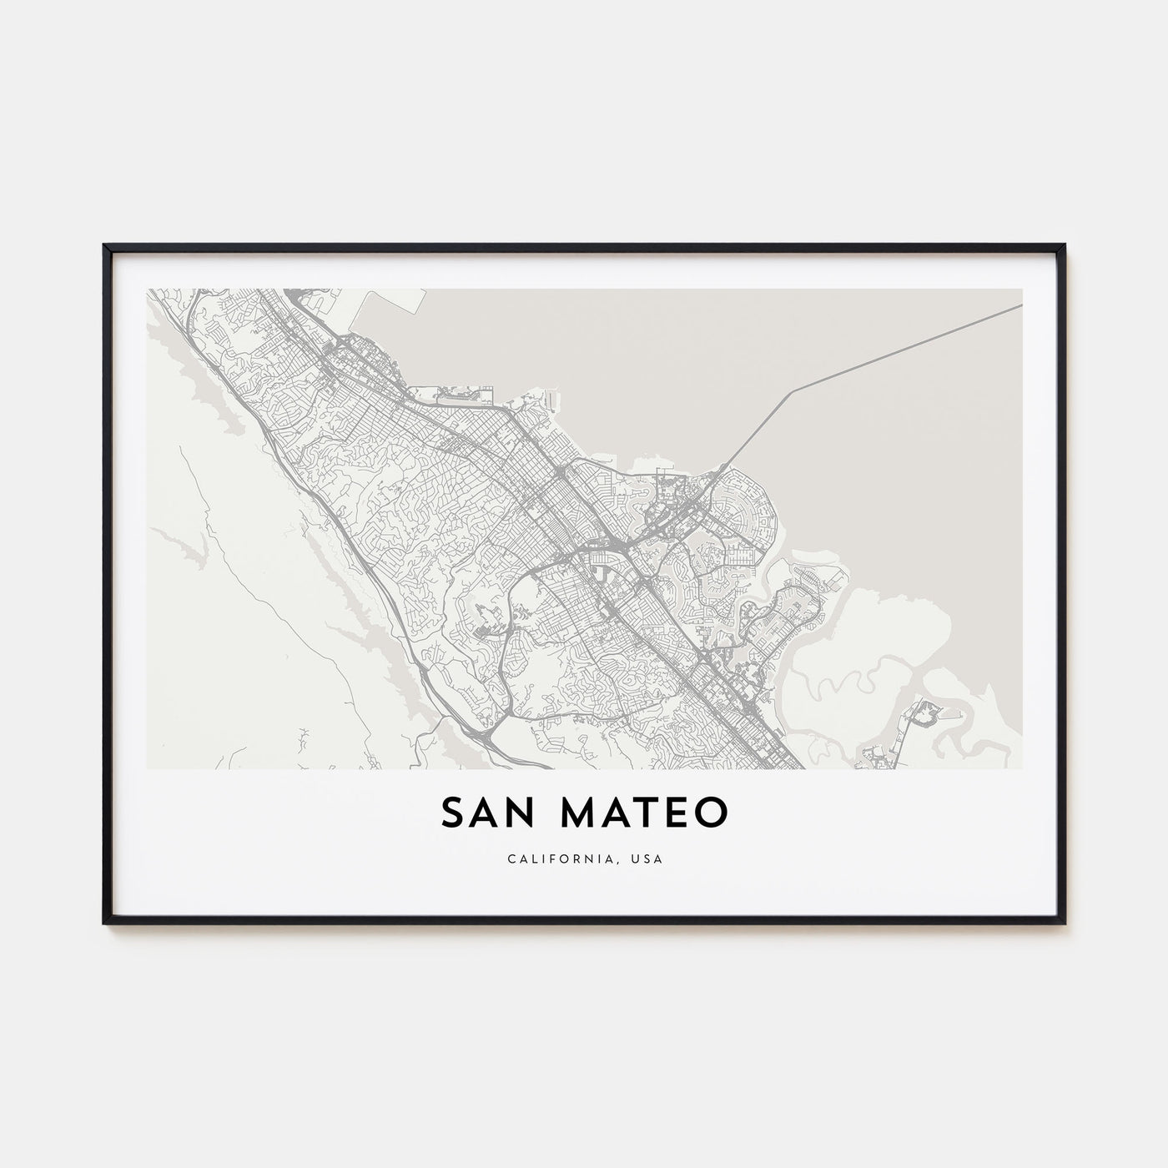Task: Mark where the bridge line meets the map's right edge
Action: pos(1021,305)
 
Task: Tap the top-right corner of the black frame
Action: pos(1062,246)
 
